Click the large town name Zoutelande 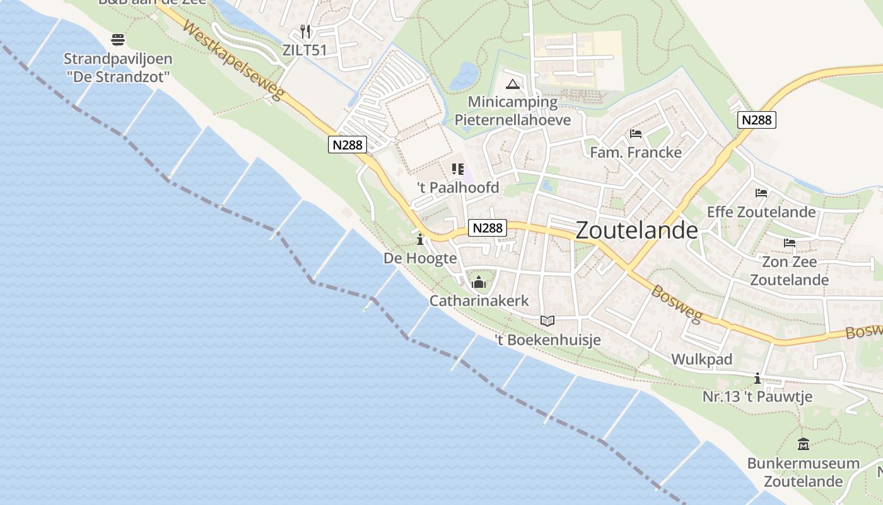(637, 230)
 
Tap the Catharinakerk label (479, 301)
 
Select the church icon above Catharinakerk (479, 282)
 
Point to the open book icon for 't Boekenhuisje (547, 321)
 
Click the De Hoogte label (420, 258)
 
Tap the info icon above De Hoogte (420, 240)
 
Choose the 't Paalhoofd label (458, 187)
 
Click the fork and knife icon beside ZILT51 (306, 31)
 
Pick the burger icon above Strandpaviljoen (117, 40)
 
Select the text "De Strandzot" (118, 78)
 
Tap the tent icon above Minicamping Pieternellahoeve (512, 84)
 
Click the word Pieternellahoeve (513, 120)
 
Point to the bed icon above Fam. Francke (636, 134)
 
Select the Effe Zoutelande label (761, 211)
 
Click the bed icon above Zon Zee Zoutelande (789, 243)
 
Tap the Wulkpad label (701, 359)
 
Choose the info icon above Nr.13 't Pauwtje (757, 378)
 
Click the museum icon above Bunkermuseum (803, 444)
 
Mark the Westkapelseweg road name (234, 63)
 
